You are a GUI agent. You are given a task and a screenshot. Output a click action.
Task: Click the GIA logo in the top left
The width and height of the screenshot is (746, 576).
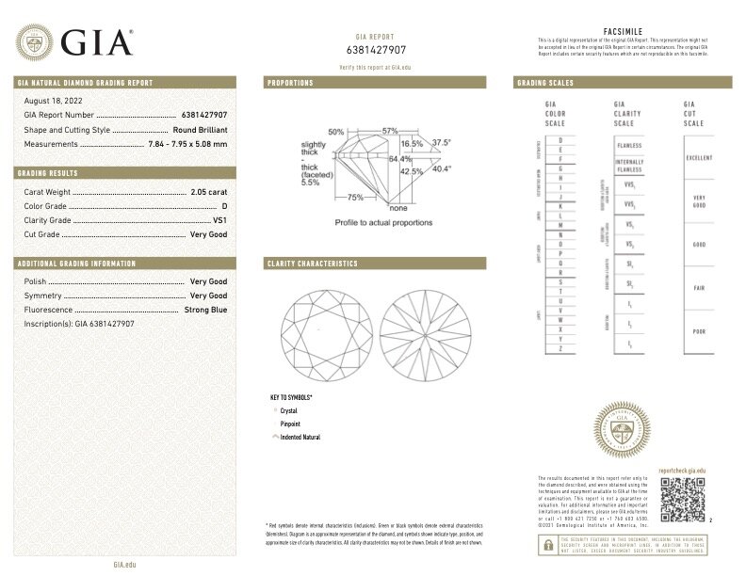pos(73,42)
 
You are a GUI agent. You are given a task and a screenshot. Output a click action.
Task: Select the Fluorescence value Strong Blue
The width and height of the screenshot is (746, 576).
pos(206,309)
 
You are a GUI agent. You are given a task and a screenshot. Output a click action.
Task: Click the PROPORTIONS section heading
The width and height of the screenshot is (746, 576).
pos(291,83)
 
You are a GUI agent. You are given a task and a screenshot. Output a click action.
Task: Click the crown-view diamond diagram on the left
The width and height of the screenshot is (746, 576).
pos(320,326)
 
